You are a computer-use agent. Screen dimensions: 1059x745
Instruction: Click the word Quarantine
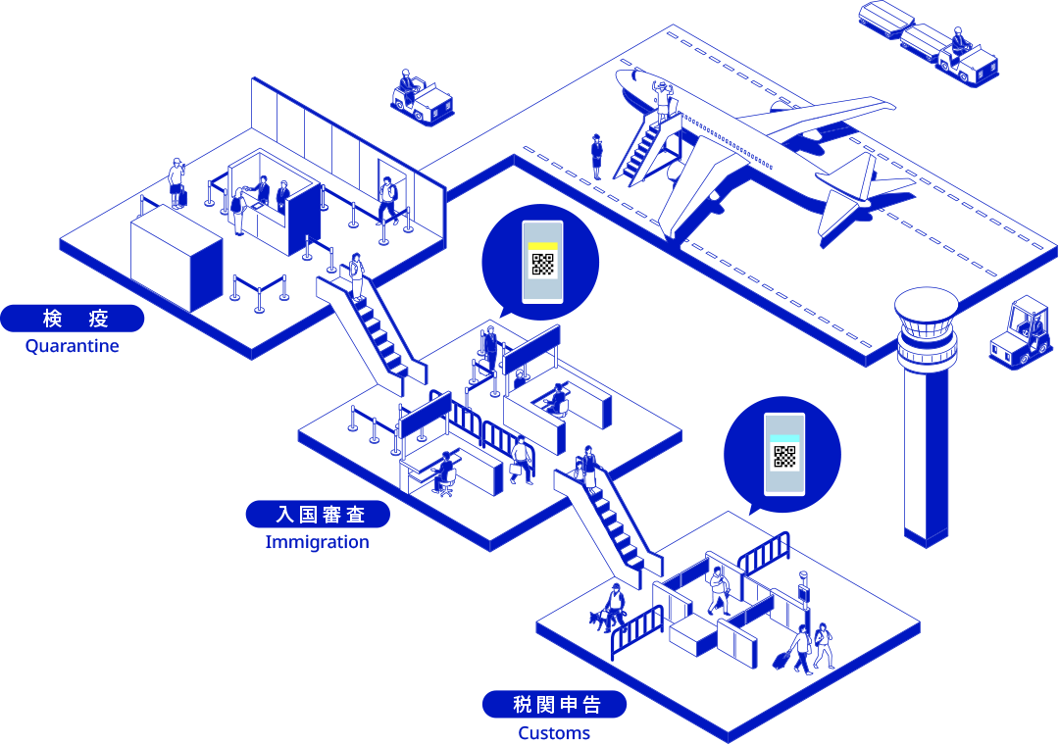click(72, 346)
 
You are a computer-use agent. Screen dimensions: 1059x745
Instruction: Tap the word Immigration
click(317, 542)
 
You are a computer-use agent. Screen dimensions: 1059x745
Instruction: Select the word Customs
click(554, 733)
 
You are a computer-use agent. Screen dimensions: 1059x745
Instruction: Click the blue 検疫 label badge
click(73, 319)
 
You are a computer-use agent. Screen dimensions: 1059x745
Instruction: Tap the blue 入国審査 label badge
click(318, 514)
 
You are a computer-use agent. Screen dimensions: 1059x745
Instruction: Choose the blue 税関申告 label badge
click(554, 705)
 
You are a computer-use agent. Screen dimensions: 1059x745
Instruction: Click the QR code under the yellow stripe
click(542, 264)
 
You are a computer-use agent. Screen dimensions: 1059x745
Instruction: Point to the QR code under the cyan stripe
click(784, 457)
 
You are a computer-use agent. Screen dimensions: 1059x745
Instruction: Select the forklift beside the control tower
click(1021, 333)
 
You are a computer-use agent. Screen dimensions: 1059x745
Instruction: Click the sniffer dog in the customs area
click(600, 620)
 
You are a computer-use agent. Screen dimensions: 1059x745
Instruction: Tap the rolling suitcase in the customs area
click(782, 659)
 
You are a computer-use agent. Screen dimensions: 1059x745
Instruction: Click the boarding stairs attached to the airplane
click(645, 150)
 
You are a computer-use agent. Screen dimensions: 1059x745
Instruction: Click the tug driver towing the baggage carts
click(958, 42)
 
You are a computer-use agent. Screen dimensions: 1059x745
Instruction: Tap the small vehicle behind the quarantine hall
click(422, 97)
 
